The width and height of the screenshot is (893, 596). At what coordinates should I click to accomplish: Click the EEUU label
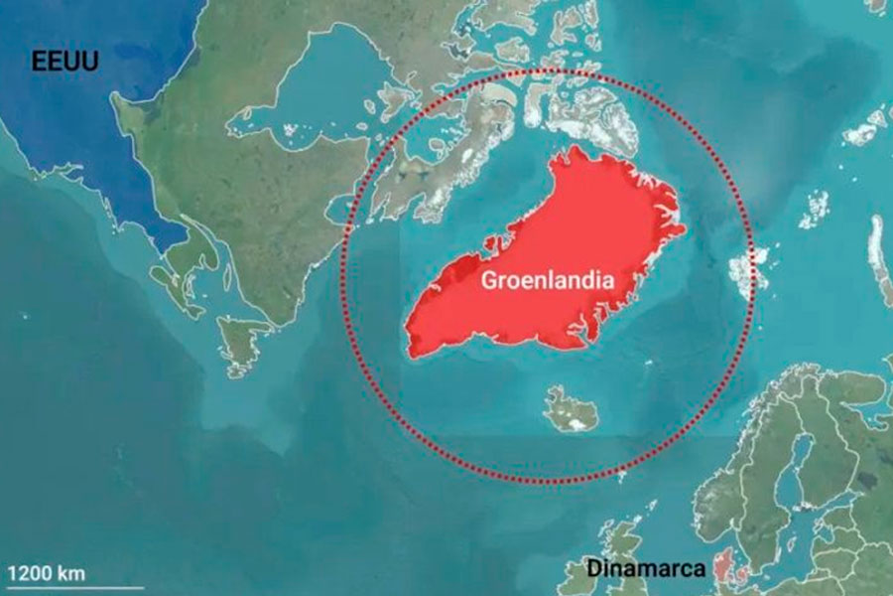click(x=65, y=62)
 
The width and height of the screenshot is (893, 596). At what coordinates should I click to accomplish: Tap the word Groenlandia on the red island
click(x=548, y=280)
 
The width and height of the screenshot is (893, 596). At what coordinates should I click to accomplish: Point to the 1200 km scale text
click(x=48, y=573)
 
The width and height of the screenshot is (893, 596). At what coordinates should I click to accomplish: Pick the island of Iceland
click(x=572, y=410)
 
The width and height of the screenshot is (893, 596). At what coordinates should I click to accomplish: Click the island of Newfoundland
click(x=239, y=343)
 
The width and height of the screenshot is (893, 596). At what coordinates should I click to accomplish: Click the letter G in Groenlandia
click(x=490, y=280)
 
